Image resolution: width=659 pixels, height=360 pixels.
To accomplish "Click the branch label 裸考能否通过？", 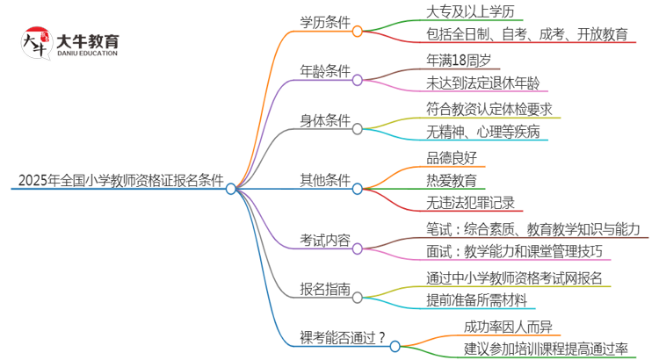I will point(341,337).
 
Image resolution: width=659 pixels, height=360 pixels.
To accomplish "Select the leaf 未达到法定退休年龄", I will point(482,83).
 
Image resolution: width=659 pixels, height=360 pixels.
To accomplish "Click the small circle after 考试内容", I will point(358,249).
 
